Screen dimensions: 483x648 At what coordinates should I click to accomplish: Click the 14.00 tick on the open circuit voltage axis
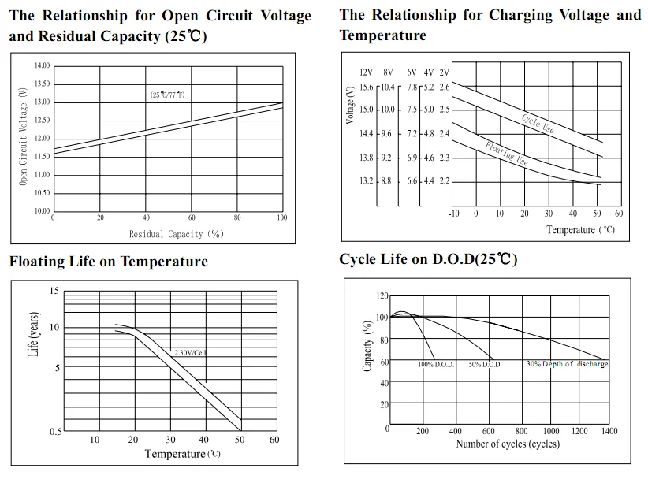[42, 66]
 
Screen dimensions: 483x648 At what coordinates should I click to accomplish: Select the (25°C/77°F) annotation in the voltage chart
[167, 95]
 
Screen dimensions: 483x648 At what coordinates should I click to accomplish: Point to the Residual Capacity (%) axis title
[177, 234]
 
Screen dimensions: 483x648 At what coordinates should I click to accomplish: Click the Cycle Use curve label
[538, 124]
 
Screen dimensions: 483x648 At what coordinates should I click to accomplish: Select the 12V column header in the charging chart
[366, 72]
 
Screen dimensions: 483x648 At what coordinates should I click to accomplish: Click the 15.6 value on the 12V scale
[366, 87]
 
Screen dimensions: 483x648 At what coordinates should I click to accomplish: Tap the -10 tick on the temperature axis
[453, 214]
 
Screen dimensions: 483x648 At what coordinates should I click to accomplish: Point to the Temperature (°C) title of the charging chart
[580, 230]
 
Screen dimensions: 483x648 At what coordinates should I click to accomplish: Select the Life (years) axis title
[34, 334]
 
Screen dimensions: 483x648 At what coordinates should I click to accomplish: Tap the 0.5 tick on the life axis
[54, 432]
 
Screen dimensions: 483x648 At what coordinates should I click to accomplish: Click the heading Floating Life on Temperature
[109, 262]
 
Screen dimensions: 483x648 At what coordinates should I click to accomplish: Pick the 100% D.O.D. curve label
[436, 366]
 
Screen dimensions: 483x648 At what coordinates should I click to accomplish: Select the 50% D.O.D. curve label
[485, 366]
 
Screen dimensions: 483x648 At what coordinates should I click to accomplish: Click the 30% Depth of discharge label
[567, 365]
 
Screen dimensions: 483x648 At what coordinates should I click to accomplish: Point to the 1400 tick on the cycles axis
[608, 431]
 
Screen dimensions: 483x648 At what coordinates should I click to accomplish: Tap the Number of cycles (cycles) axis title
[508, 444]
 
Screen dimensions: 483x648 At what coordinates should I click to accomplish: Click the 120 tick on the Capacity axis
[382, 295]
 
